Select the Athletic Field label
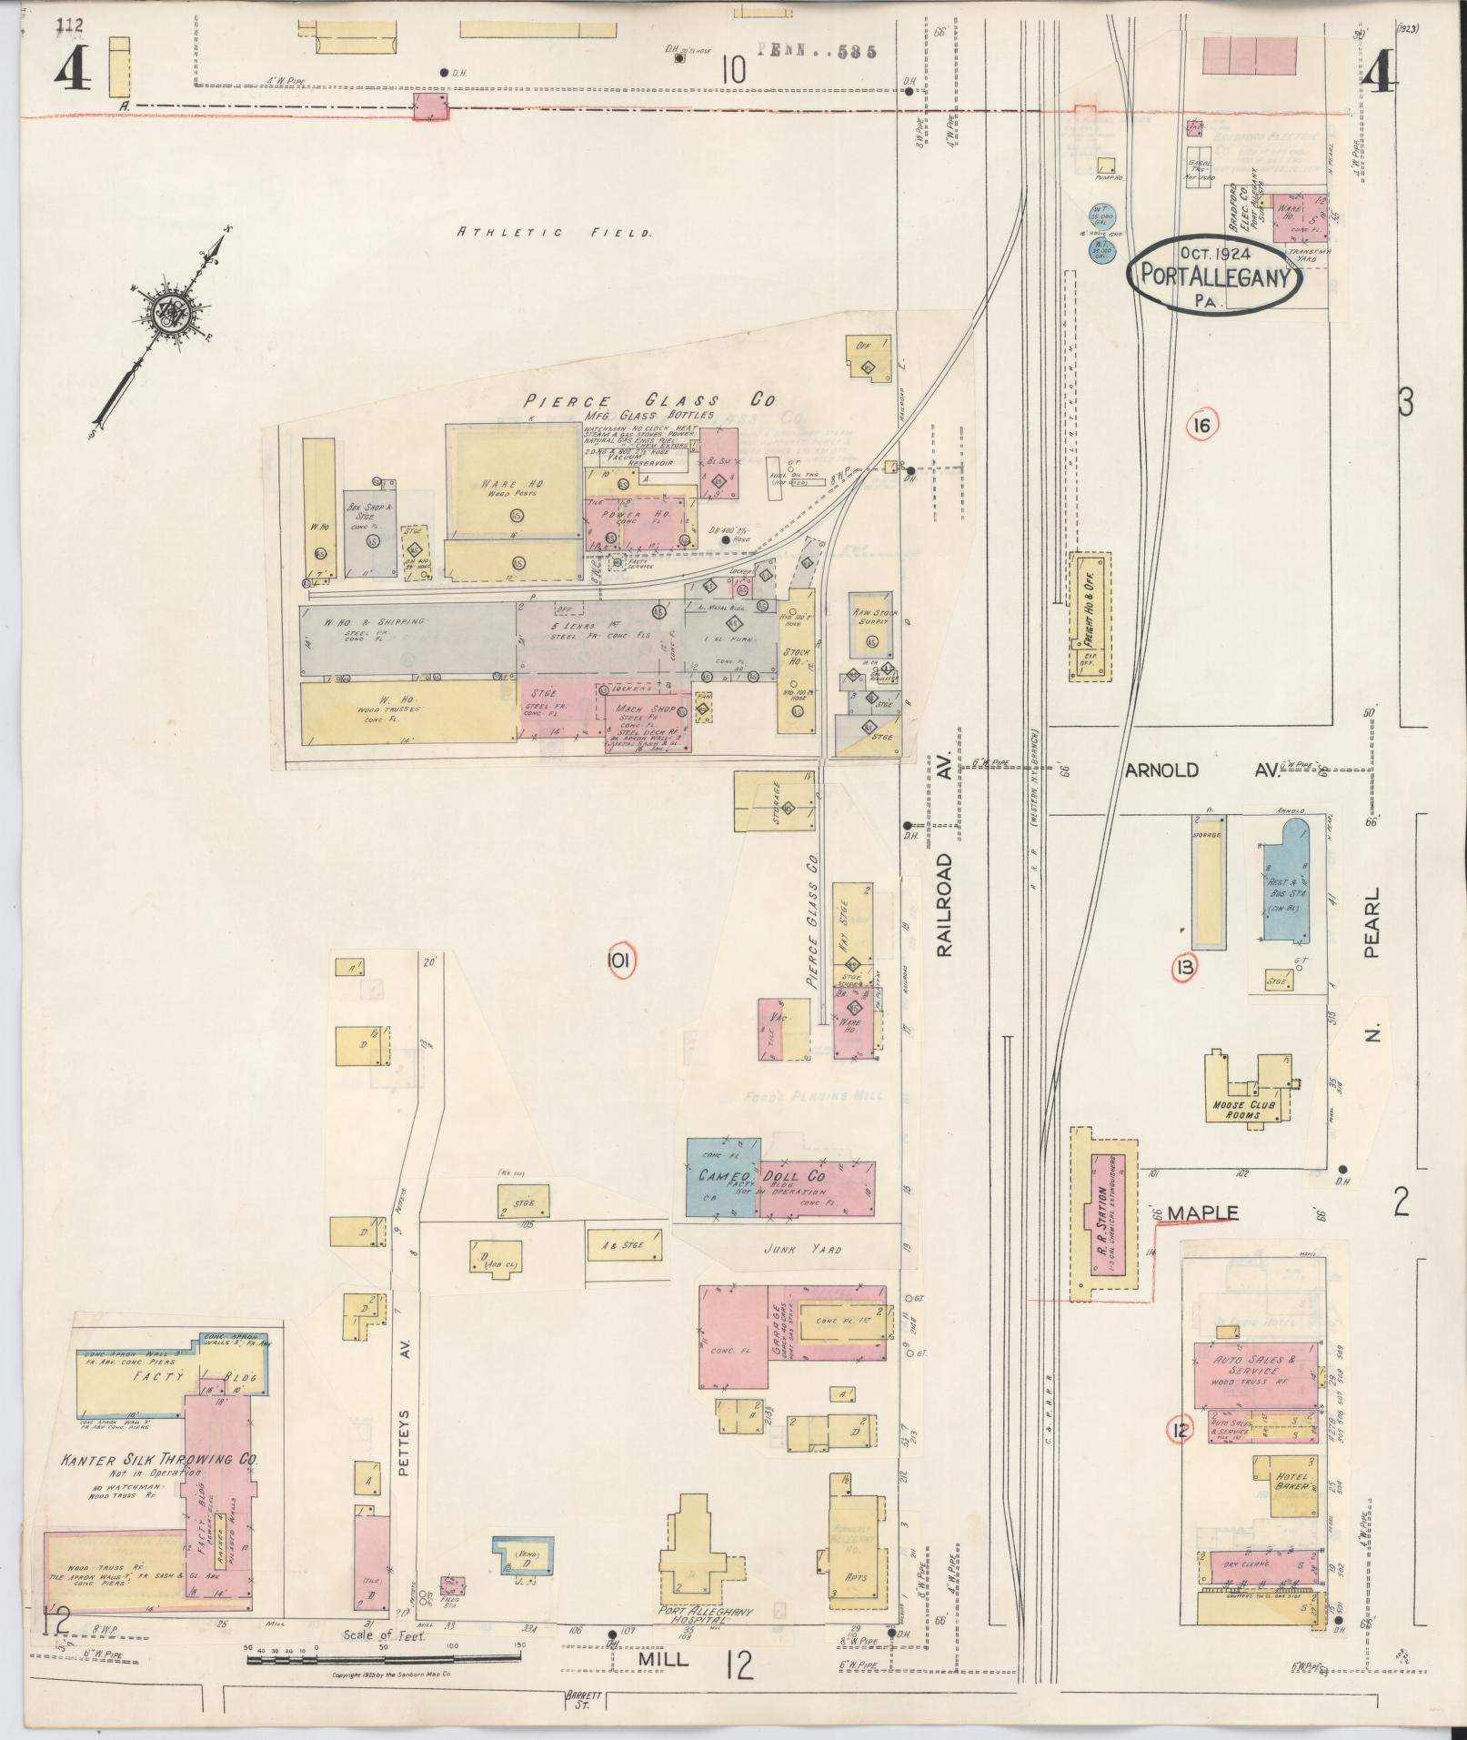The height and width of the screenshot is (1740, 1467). pyautogui.click(x=553, y=233)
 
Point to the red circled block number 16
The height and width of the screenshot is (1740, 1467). pyautogui.click(x=1201, y=424)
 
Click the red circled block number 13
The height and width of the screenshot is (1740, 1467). pyautogui.click(x=1184, y=968)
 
